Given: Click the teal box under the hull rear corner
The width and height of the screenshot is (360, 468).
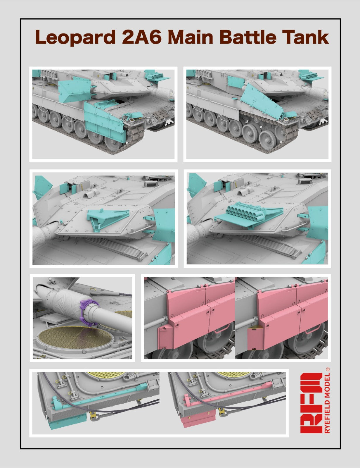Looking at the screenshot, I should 67,421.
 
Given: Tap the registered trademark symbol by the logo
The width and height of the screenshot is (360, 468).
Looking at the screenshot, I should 328,369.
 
